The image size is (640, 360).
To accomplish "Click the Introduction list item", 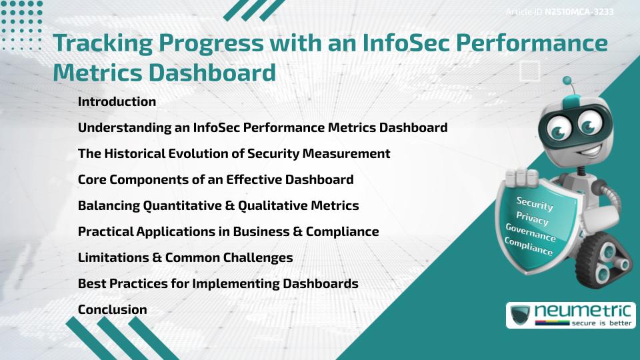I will point(117,102).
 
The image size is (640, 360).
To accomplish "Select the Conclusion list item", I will point(112,309).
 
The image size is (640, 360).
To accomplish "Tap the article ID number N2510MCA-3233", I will point(579,12).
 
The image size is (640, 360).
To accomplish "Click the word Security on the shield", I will point(535,205).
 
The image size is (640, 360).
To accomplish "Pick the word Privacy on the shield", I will point(532,218).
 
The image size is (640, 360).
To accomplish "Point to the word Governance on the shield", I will point(531,233).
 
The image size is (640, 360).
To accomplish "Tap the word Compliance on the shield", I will point(529,247).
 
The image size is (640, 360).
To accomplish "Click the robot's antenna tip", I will point(567,81).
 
